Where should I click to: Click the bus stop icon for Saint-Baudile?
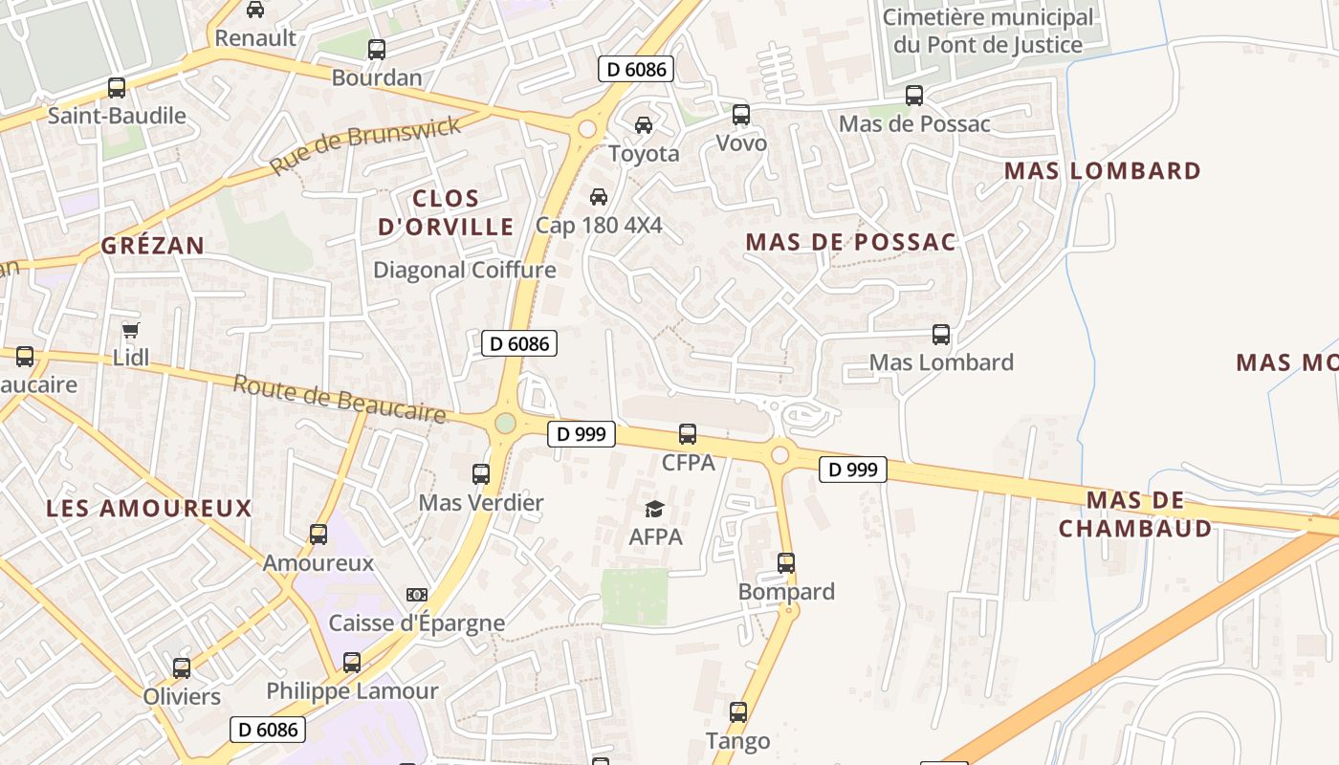coord(117,88)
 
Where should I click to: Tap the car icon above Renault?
coord(255,10)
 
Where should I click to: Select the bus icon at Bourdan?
coord(377,49)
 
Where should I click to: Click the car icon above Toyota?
coord(644,125)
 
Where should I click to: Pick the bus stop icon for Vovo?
coord(741,115)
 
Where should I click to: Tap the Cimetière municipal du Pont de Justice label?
coord(988,31)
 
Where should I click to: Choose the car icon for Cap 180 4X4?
coord(599,197)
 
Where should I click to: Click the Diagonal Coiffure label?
coord(464,270)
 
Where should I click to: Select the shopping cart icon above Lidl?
coord(131,331)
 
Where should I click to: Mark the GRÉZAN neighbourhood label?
coord(153,246)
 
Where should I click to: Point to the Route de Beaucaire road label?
coord(340,398)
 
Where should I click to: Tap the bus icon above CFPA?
coord(688,434)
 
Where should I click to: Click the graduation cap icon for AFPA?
coord(655,509)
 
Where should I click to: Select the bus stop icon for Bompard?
coord(786,563)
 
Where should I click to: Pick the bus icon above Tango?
coord(738,712)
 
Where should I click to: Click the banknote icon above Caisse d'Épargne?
coord(417,595)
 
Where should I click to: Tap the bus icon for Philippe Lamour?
coord(352,662)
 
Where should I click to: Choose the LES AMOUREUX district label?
coord(149,508)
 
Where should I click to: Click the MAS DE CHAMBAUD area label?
coord(1135,514)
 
